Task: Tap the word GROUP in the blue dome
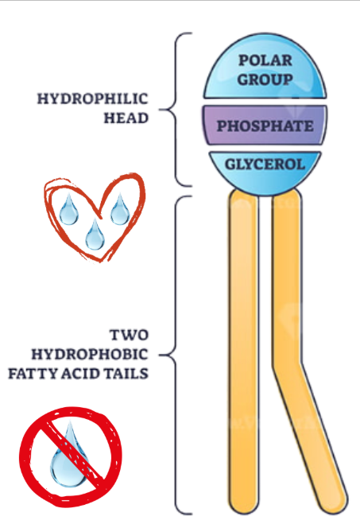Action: click(265, 79)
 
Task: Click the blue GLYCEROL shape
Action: click(265, 165)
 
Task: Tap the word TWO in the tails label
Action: click(129, 334)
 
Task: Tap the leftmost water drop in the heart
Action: click(68, 209)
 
